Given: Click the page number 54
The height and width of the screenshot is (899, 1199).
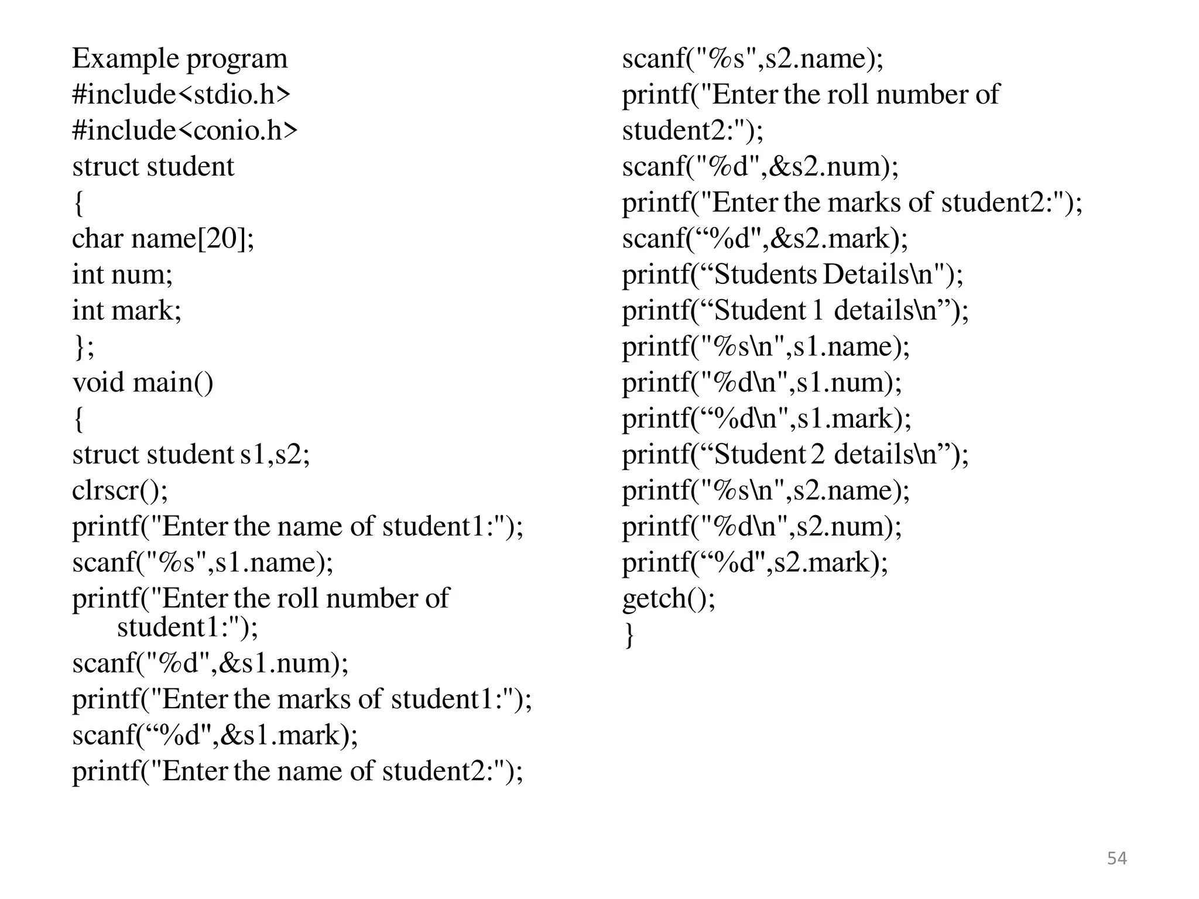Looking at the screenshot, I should [x=1116, y=858].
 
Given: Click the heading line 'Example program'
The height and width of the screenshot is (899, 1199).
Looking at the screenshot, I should [x=180, y=59].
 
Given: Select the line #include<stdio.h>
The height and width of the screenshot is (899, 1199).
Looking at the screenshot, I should [x=181, y=95].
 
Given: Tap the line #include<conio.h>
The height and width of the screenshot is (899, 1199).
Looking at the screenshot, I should [x=184, y=131].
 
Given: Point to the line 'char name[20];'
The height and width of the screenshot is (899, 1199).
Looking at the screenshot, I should [x=163, y=239].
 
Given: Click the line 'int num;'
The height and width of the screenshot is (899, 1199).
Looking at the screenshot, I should [x=122, y=274].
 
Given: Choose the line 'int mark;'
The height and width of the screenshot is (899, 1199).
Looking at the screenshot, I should [x=126, y=310].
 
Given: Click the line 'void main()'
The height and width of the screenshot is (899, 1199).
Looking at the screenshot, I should [x=143, y=383].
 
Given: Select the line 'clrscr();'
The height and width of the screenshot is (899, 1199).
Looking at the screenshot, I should [x=120, y=490].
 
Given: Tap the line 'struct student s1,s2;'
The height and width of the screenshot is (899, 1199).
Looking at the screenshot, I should [x=191, y=455].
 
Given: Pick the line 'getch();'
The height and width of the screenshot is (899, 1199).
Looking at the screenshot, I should [x=669, y=599].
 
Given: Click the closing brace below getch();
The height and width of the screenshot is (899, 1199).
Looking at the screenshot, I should [x=629, y=634].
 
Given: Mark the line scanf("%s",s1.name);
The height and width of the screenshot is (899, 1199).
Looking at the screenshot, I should [x=203, y=562].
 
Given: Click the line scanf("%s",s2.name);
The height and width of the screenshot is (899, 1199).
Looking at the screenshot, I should [x=752, y=59].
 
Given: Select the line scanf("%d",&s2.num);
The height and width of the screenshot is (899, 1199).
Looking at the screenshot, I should [x=760, y=167].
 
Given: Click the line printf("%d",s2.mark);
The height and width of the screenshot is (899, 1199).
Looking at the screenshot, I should [x=755, y=562].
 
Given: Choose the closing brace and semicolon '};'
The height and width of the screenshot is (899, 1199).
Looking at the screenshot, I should [x=83, y=346].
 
